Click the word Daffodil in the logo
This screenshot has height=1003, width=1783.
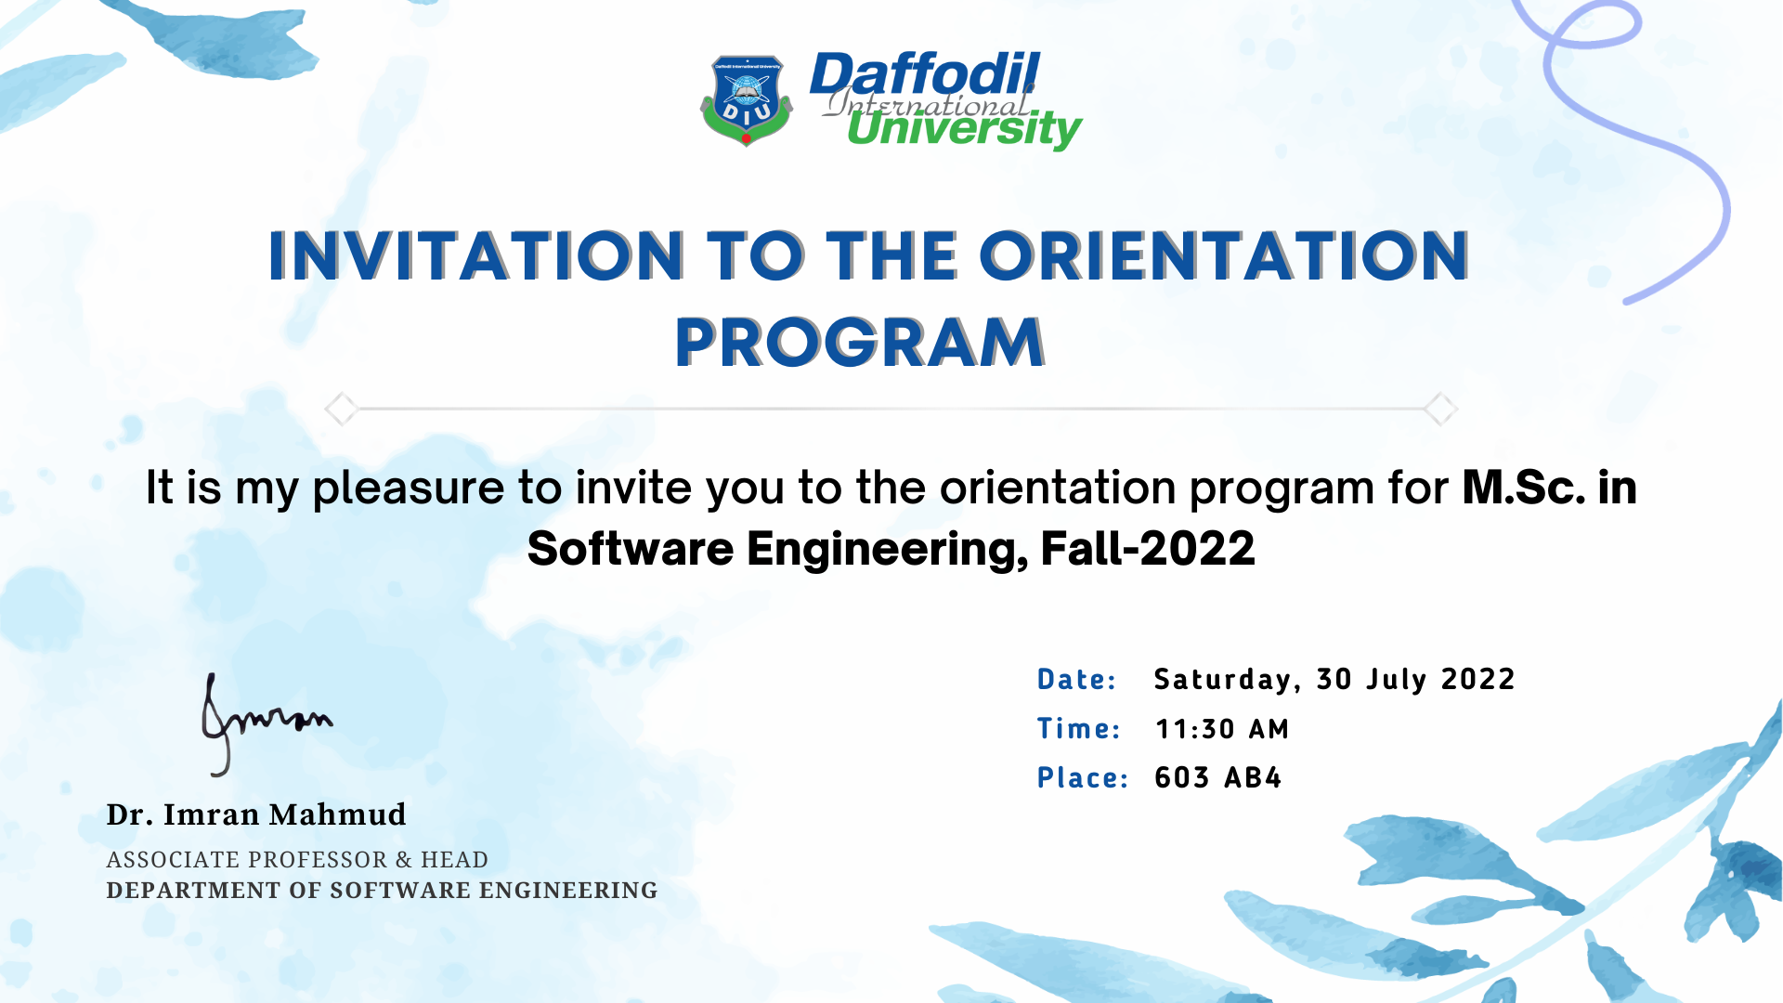tap(924, 74)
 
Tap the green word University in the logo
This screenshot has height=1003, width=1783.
tap(963, 128)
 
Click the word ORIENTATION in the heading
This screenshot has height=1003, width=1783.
tap(1224, 256)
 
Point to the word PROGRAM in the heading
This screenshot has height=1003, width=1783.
tap(860, 343)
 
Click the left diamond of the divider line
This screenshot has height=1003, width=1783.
tap(341, 409)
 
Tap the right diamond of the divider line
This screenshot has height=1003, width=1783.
tap(1440, 409)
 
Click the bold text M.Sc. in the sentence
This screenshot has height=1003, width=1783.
tap(1523, 488)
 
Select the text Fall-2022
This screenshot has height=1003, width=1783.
tap(1148, 549)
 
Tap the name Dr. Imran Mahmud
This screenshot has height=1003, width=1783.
tap(256, 814)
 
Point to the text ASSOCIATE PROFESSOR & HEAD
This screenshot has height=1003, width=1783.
tap(297, 860)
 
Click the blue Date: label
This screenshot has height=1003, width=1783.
tap(1076, 680)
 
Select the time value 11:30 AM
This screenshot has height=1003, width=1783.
tap(1222, 729)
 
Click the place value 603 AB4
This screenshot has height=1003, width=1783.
tap(1217, 777)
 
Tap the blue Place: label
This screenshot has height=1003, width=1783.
tap(1082, 778)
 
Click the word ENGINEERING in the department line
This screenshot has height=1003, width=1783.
tap(568, 891)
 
